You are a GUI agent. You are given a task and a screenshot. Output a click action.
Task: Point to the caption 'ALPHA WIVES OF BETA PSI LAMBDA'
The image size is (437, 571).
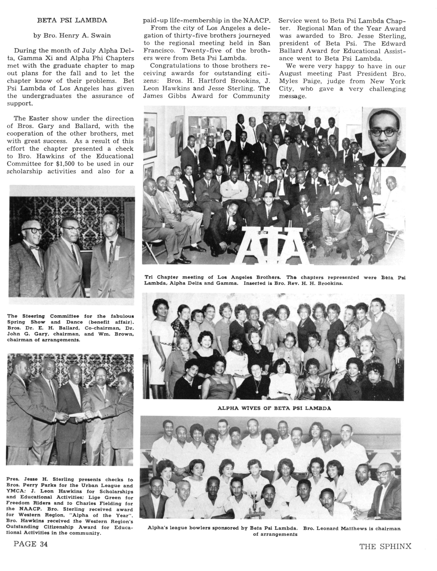click(274, 408)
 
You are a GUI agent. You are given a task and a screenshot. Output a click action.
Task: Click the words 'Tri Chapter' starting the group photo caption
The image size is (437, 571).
click(161, 277)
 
